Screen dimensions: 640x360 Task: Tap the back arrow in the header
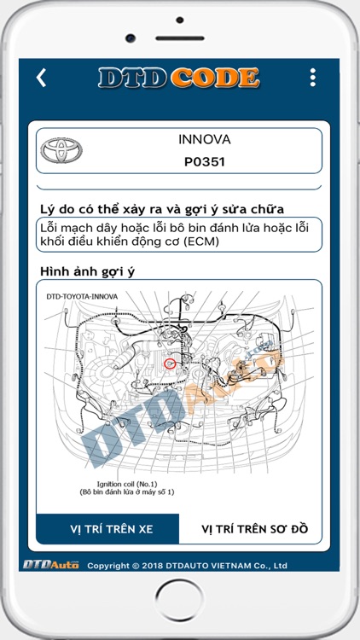(x=41, y=78)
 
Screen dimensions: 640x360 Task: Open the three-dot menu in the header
(x=313, y=78)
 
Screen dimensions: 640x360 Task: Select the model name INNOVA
(x=205, y=139)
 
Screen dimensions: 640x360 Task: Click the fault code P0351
(x=205, y=160)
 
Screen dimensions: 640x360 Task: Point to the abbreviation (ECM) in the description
(x=193, y=241)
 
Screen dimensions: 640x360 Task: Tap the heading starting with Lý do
(x=162, y=209)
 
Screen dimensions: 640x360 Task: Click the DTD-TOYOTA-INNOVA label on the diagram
(x=82, y=297)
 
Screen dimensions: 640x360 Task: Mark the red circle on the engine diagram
(x=170, y=364)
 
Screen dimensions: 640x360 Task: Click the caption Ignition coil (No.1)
(x=127, y=484)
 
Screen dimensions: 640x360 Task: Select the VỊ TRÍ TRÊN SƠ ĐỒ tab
(x=254, y=529)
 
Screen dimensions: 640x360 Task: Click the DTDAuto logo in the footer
(x=51, y=565)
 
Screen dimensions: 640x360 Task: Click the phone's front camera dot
(x=130, y=38)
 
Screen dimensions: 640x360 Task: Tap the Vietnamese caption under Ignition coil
(x=127, y=492)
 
